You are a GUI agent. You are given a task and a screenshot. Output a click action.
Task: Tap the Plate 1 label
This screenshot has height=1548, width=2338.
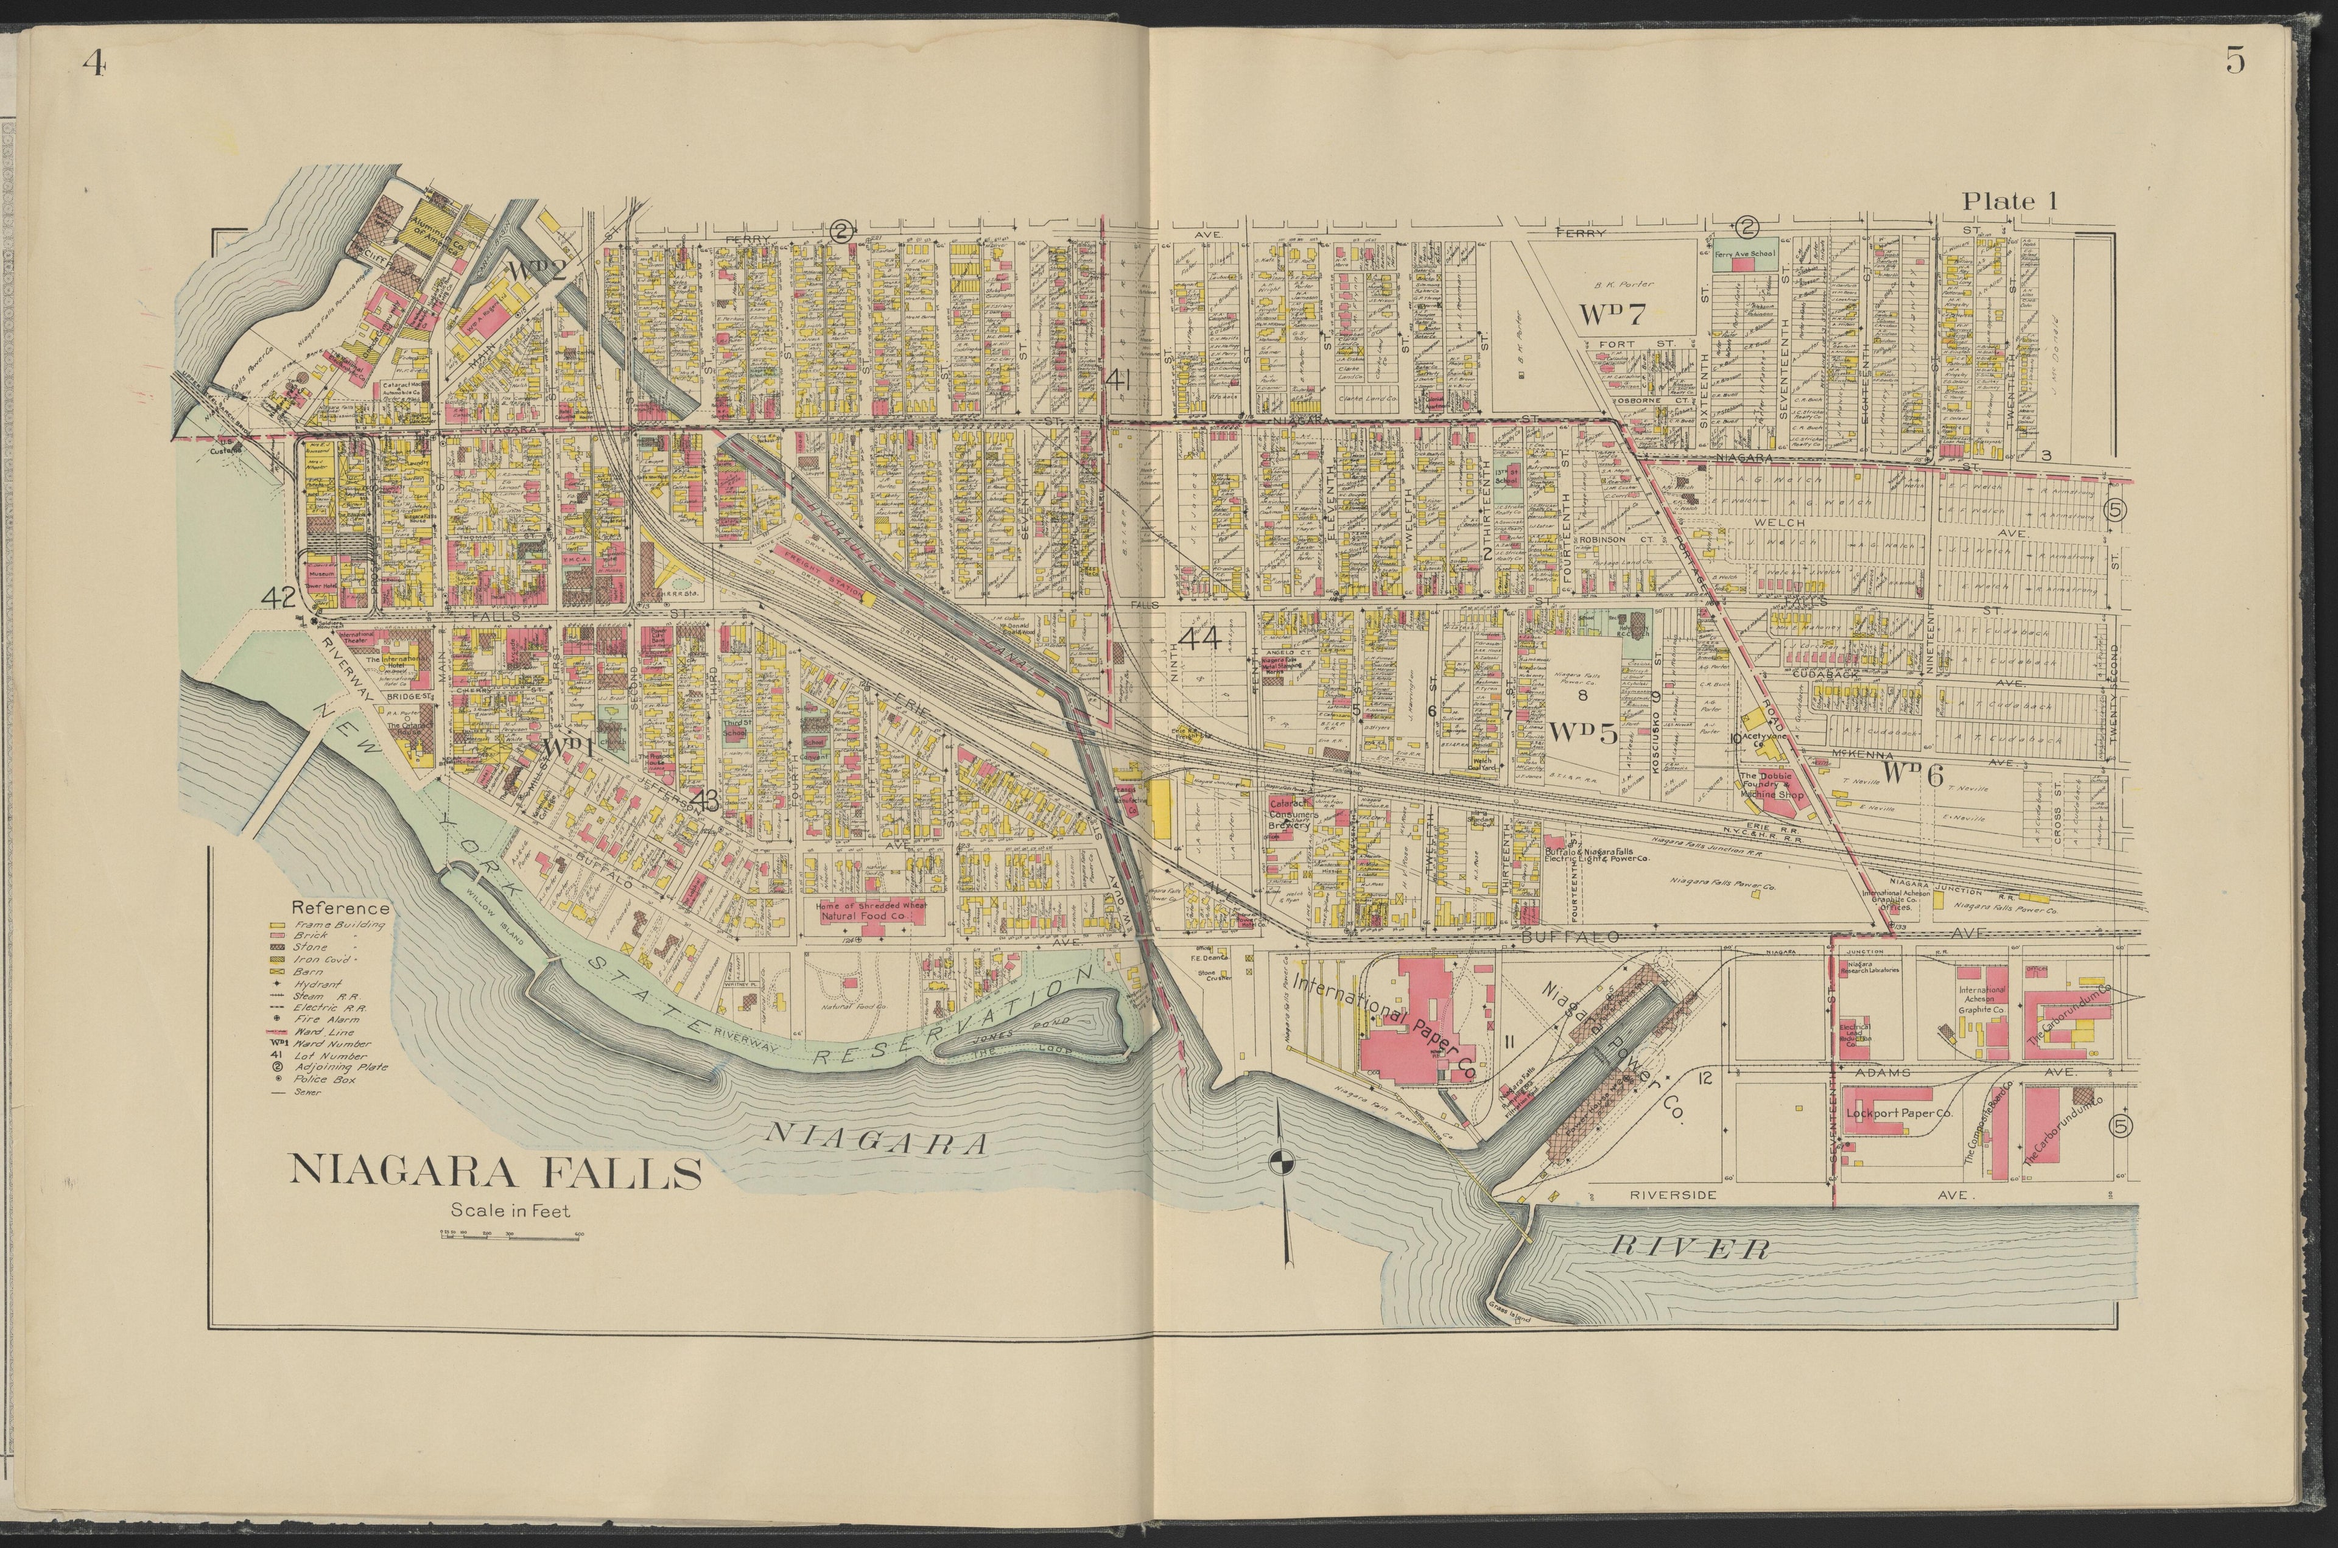pyautogui.click(x=2008, y=201)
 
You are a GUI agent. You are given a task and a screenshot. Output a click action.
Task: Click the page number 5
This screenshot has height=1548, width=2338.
pyautogui.click(x=2234, y=61)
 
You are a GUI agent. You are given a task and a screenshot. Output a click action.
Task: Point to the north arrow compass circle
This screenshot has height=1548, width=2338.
pyautogui.click(x=1280, y=1162)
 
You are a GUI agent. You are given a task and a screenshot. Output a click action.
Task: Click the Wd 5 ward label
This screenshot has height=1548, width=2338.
pyautogui.click(x=1582, y=732)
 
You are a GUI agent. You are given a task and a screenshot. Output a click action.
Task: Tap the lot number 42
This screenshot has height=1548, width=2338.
pyautogui.click(x=278, y=597)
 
